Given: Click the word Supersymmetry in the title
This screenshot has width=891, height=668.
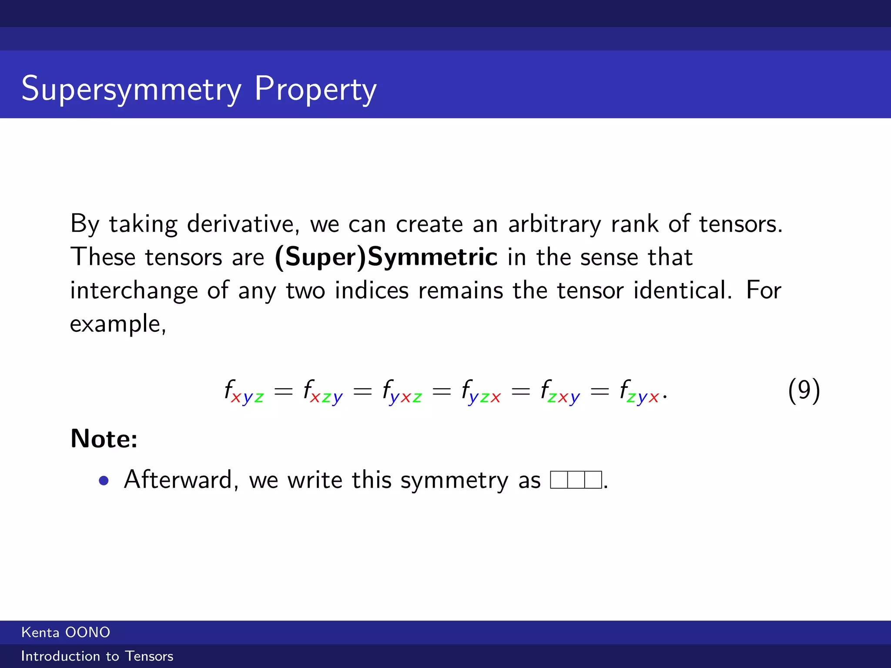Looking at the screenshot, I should pos(131,89).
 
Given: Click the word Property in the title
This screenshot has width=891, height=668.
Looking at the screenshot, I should pos(315,89).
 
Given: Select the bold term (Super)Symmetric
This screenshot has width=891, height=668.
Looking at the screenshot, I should pos(386,257).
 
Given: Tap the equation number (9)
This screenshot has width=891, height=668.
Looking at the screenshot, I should pos(804,390).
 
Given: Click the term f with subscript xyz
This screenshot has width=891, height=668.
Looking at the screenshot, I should pos(244,391).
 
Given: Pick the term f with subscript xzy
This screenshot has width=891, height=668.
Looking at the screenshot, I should pos(323,391).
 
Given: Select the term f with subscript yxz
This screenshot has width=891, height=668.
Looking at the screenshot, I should pos(402,391).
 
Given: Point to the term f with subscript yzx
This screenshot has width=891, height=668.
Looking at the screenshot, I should pos(481,391).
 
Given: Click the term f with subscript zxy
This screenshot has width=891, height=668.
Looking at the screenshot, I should pos(560,391).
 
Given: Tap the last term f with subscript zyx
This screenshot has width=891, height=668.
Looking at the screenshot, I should pos(640,391).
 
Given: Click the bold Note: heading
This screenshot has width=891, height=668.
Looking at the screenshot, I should pos(104,438).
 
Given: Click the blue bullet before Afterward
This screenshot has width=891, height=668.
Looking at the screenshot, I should pos(104,481).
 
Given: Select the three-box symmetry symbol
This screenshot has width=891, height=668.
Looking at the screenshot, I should pos(576,480).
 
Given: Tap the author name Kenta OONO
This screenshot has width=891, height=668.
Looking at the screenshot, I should pos(66,632).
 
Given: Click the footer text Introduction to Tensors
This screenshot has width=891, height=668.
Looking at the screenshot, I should pos(97,656).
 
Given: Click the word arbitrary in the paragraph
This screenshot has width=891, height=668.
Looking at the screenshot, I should pos(554,224).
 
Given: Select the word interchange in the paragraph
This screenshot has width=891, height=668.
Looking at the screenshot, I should pos(134,291).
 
